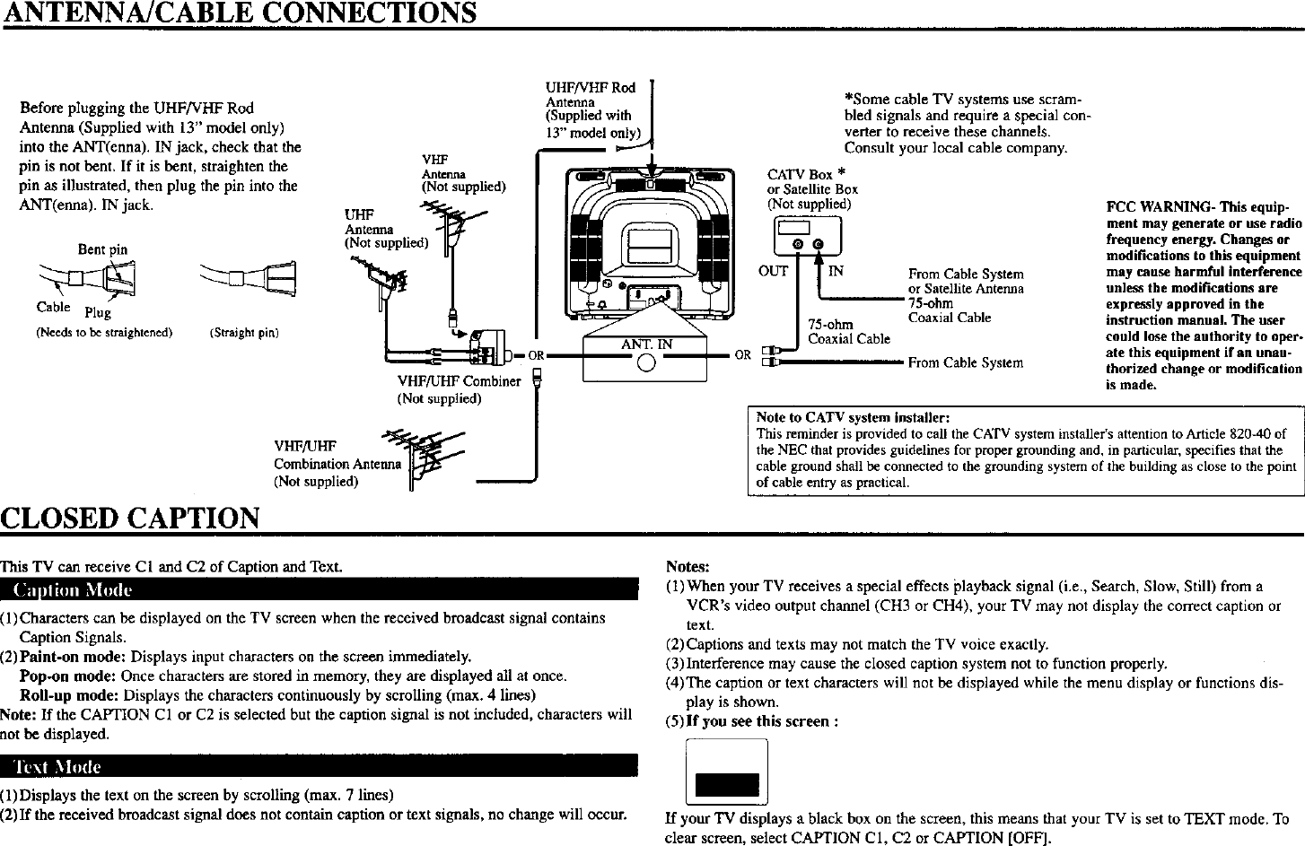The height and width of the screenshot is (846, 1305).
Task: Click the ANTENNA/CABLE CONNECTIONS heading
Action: point(239,13)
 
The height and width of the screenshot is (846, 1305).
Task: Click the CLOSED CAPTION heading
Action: point(131,518)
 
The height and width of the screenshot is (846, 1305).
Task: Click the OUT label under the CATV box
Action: point(773,270)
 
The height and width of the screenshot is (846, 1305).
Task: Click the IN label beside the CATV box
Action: point(835,270)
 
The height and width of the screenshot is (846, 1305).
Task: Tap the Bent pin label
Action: point(102,249)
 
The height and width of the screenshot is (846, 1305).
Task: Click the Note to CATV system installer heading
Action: point(853,418)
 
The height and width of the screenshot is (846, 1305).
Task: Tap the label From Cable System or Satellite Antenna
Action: point(965,281)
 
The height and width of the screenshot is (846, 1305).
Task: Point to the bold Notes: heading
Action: point(687,567)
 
